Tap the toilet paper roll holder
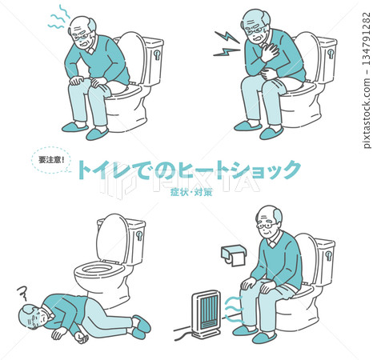(x=233, y=255)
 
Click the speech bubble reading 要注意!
(x=51, y=160)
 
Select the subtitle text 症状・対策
(x=191, y=192)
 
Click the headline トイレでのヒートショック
(x=189, y=170)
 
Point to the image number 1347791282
(x=367, y=38)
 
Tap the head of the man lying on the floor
(x=34, y=317)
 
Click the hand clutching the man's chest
(x=270, y=51)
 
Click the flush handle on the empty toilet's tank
(x=139, y=236)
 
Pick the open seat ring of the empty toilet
(x=99, y=269)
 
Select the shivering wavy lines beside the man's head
(x=59, y=17)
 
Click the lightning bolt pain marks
(x=227, y=44)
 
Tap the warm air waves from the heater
(x=233, y=309)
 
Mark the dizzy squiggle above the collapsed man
(x=23, y=293)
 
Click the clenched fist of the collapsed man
(x=81, y=337)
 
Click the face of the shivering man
(x=82, y=38)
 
